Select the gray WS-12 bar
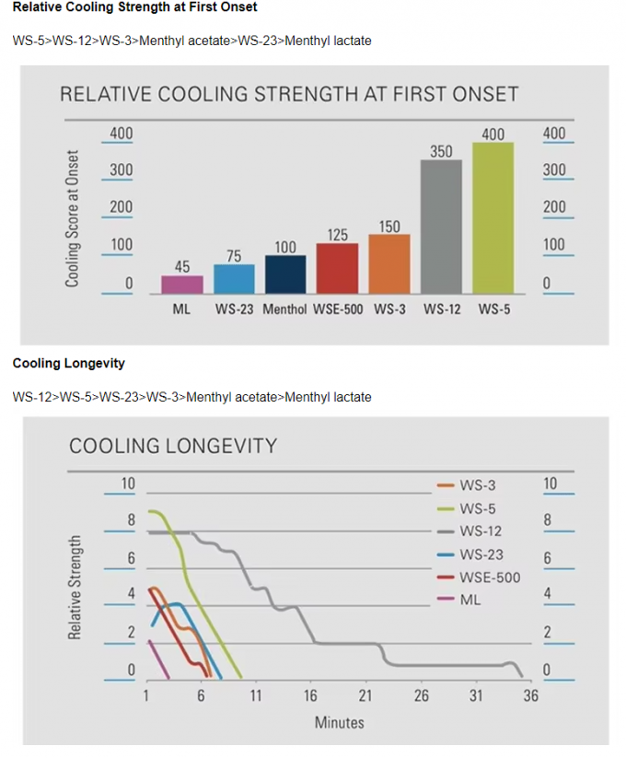(442, 227)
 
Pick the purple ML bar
(182, 284)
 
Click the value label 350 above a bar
(442, 151)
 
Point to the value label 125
(338, 235)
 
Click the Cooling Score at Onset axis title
(72, 218)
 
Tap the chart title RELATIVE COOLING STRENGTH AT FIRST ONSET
(289, 94)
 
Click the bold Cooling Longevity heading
(69, 363)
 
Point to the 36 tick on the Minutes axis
(531, 696)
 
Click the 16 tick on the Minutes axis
(311, 696)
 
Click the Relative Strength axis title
(75, 587)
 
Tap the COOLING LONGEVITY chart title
(173, 447)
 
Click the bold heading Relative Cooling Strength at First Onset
(134, 7)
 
